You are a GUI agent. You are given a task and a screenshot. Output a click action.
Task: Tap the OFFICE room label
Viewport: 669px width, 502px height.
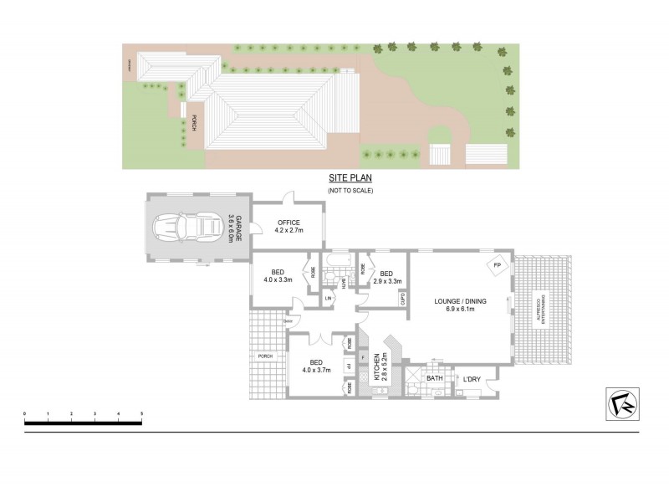coord(288,223)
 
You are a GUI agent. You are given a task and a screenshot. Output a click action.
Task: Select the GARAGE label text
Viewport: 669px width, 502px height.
coord(237,228)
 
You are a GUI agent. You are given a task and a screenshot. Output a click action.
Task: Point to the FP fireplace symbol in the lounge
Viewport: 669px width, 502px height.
coord(497,266)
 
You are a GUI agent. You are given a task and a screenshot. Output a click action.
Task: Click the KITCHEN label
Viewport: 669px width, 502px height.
coord(377,366)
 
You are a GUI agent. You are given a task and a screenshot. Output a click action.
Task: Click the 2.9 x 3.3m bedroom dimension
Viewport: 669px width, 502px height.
coord(386,281)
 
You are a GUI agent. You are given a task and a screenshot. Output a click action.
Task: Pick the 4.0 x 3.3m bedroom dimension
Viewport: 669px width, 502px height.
coord(277,279)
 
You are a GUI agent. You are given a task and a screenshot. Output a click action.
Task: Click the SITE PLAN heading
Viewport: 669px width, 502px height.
coord(350,179)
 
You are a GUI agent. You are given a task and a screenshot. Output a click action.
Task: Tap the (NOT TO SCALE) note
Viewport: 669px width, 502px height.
coord(350,191)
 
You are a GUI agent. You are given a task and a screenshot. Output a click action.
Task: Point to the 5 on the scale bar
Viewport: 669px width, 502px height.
coord(141,413)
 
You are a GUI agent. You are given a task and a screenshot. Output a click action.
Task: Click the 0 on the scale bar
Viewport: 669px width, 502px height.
coord(25,413)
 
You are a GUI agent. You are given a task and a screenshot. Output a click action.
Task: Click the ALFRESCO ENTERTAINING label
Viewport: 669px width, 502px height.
coord(541,310)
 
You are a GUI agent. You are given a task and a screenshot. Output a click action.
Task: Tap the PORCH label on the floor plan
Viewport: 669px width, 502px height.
coord(265,356)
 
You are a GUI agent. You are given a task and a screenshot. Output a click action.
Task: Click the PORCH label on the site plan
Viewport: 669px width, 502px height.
coord(194,122)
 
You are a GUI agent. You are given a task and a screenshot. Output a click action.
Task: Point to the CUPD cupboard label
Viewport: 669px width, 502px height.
coord(402,297)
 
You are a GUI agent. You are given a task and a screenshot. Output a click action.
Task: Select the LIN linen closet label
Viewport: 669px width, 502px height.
coord(329,297)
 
